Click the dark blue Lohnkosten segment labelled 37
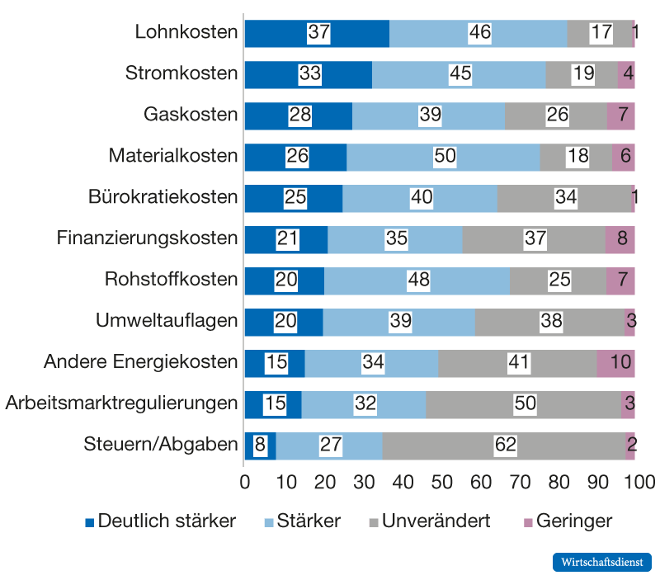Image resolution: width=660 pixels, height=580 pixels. pyautogui.click(x=317, y=33)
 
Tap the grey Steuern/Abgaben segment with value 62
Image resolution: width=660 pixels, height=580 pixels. pyautogui.click(x=504, y=445)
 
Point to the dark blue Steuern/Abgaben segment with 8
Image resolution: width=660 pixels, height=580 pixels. pyautogui.click(x=260, y=445)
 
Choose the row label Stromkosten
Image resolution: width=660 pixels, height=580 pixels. pyautogui.click(x=181, y=74)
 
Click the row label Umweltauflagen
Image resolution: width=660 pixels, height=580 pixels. pyautogui.click(x=167, y=321)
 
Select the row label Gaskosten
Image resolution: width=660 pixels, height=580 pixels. pyautogui.click(x=191, y=116)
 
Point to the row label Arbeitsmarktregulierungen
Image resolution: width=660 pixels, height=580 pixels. pyautogui.click(x=121, y=403)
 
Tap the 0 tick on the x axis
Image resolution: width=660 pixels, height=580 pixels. pyautogui.click(x=245, y=481)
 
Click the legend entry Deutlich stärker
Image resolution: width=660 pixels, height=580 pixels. pyautogui.click(x=161, y=521)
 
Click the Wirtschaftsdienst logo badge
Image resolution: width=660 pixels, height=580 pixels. pyautogui.click(x=601, y=562)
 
